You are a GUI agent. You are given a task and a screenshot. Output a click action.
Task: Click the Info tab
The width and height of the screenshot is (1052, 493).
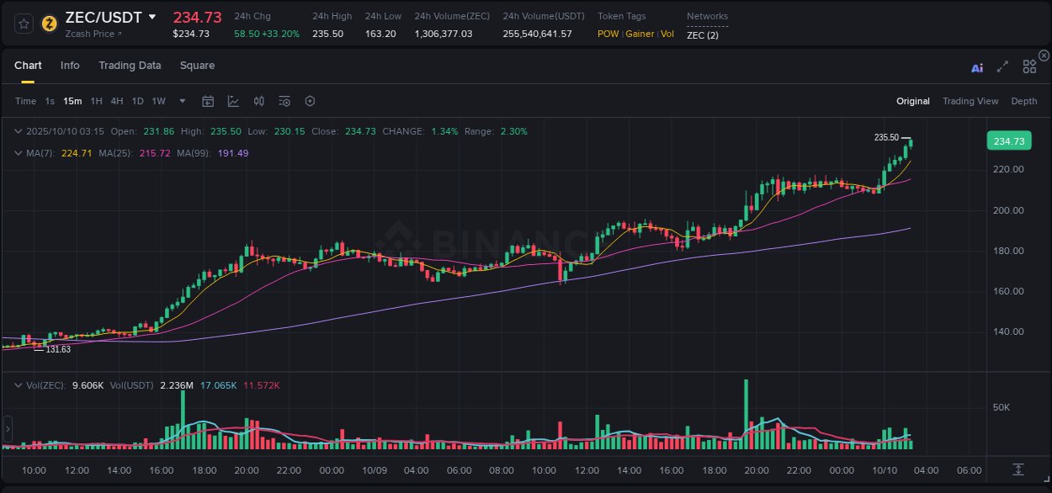(x=70, y=66)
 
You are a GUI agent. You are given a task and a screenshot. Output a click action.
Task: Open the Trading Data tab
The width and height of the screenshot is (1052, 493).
(x=130, y=66)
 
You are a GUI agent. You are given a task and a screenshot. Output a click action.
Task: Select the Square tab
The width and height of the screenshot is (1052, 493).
(x=197, y=66)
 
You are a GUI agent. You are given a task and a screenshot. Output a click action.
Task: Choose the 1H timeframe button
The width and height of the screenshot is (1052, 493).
(x=96, y=101)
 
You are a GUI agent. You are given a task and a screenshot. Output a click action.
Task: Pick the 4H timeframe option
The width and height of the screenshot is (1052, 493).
(x=116, y=101)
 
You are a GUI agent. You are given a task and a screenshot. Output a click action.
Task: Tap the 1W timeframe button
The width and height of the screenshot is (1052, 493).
(x=158, y=101)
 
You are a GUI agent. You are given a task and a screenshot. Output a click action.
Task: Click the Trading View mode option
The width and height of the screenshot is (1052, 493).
(x=970, y=101)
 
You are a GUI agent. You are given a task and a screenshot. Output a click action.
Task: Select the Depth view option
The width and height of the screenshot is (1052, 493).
(x=1023, y=101)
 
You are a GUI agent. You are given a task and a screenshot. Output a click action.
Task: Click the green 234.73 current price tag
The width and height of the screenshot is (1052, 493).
(x=1008, y=141)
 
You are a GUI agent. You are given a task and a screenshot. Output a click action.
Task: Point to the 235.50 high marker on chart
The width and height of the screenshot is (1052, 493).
(x=886, y=137)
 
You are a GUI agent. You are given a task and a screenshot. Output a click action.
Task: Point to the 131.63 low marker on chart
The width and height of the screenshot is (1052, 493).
(x=58, y=349)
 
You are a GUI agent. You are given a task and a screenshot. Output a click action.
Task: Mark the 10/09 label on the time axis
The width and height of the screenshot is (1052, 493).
(x=374, y=469)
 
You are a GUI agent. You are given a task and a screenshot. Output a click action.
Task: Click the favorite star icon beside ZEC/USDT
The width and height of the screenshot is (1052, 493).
(x=24, y=23)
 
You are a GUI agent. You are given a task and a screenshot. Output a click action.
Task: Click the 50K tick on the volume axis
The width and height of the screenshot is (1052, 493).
(x=1002, y=407)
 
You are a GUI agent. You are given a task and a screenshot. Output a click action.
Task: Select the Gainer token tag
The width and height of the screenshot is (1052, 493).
(x=640, y=34)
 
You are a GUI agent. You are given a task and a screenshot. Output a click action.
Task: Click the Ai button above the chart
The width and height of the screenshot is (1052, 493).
(x=977, y=68)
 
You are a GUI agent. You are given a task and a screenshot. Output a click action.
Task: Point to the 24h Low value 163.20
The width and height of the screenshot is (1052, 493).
(x=380, y=34)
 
